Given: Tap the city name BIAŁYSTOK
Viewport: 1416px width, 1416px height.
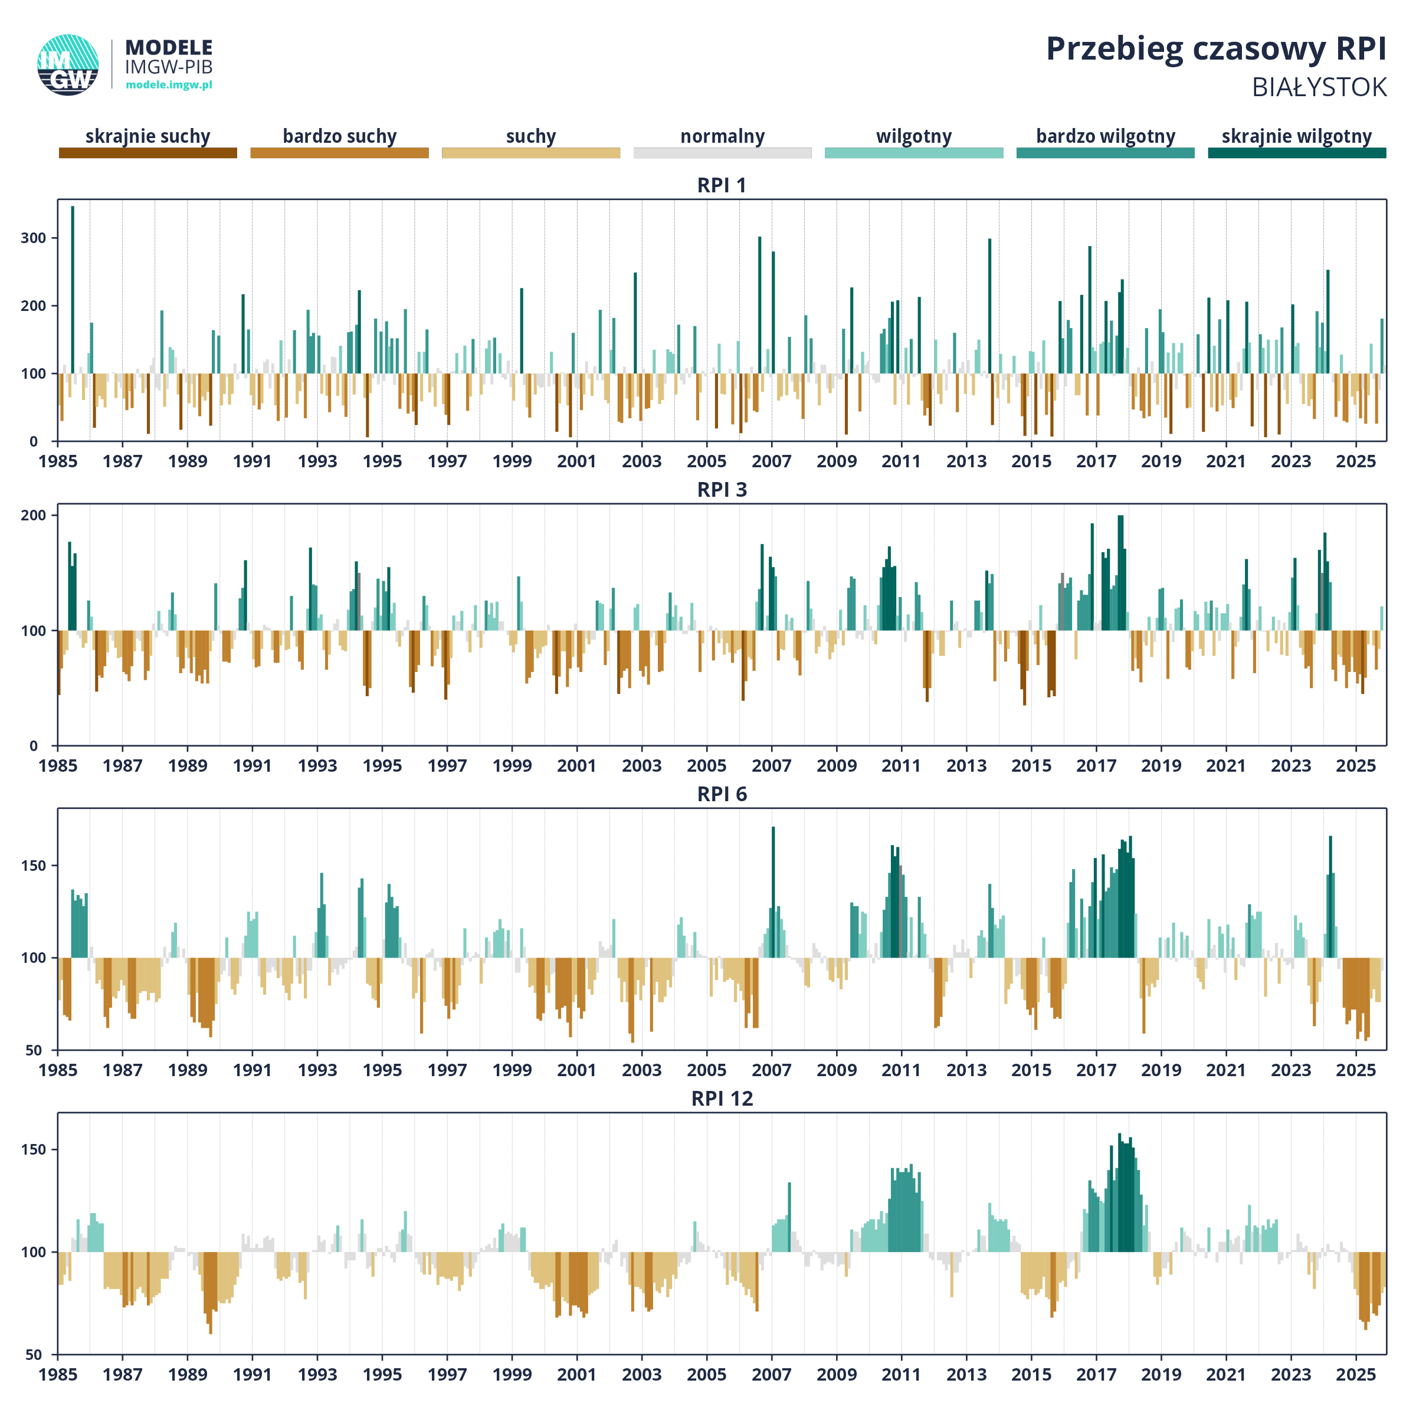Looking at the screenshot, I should point(1319,88).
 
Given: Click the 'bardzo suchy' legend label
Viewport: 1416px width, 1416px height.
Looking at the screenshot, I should point(339,136).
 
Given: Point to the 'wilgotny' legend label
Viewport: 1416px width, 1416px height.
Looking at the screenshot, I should point(913,136).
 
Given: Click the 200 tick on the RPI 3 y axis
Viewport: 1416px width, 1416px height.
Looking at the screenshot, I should point(34,515).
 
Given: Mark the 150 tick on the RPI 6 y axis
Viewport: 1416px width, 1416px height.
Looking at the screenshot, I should point(34,866).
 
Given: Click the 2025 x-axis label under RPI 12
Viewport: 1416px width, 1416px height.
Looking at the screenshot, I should point(1355,1374).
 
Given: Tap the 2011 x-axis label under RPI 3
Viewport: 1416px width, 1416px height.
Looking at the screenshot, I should point(901,766).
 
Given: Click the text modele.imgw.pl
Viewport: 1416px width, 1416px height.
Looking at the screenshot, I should point(169,85).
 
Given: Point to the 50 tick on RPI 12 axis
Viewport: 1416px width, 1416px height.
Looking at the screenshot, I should point(34,1355).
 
